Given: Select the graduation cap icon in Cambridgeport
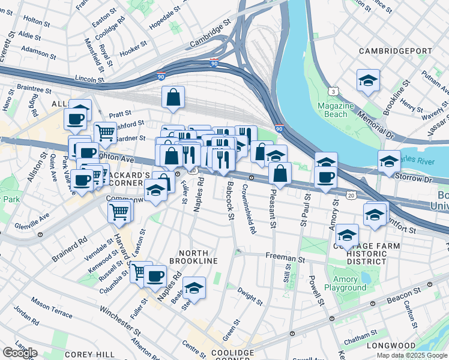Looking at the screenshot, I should [368, 81].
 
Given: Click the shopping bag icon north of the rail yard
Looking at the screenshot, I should [173, 97].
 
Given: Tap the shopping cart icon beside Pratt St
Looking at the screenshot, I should [105, 132].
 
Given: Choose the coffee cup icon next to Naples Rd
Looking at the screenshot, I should [155, 276].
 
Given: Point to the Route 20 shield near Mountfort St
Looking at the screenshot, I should [352, 195].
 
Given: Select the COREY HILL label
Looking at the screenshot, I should [86, 355].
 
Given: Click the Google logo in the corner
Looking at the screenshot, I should [20, 353].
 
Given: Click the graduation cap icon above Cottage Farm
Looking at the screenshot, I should [347, 235].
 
